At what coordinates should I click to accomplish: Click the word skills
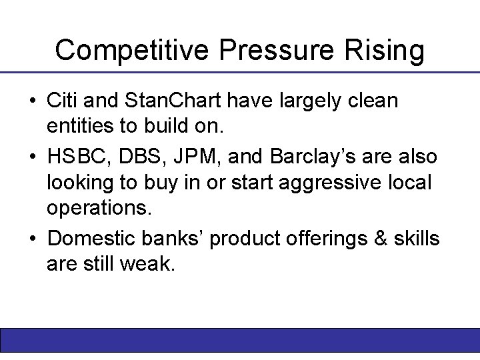416,238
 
